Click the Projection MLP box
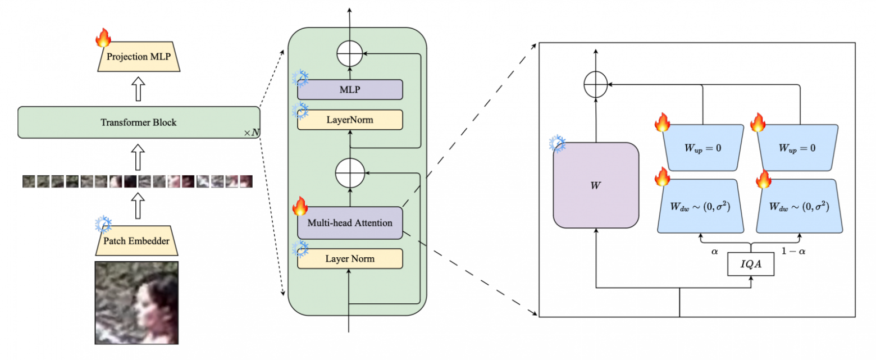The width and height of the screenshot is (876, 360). [x=139, y=57]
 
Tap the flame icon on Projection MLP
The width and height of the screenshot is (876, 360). [x=103, y=38]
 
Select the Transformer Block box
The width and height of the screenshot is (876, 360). [x=139, y=122]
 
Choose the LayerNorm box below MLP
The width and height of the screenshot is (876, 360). [x=350, y=120]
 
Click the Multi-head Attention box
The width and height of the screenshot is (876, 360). [x=350, y=222]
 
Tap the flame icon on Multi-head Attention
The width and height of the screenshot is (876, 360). [x=300, y=207]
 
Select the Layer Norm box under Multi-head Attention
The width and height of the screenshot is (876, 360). [x=350, y=258]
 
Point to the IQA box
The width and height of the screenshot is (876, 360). [x=751, y=264]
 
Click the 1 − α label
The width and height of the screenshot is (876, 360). [x=797, y=252]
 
